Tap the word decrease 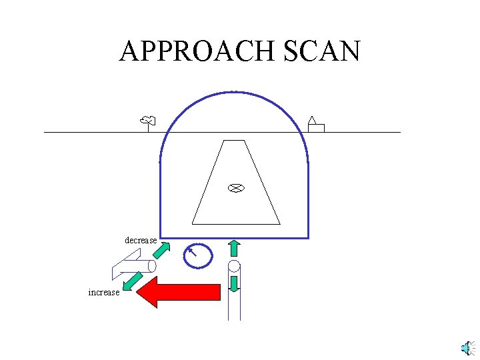(141, 240)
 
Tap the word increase (104, 292)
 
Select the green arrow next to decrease (161, 251)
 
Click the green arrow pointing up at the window (234, 249)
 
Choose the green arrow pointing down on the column (234, 283)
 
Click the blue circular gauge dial (198, 255)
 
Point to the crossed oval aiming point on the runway (235, 188)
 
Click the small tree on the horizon (148, 121)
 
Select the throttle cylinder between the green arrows (133, 265)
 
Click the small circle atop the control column (234, 267)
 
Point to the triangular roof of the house (311, 120)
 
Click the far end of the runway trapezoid (234, 141)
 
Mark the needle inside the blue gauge (193, 251)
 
